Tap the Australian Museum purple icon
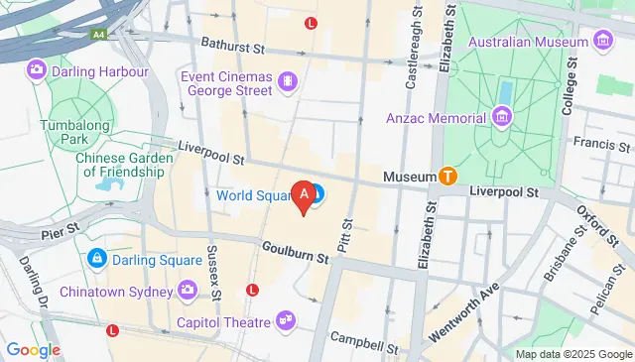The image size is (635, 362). coord(602,41)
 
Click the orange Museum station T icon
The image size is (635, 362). coord(447,177)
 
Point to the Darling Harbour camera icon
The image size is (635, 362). coord(37,70)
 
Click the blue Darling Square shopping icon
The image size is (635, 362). coord(97,259)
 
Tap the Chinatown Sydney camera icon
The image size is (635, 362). coord(187,291)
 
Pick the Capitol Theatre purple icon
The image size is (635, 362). coord(286,321)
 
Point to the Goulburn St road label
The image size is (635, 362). coord(296,251)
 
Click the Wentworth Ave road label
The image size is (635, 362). coord(463,315)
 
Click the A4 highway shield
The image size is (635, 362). coord(99,33)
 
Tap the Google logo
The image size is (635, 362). coord(33,349)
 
